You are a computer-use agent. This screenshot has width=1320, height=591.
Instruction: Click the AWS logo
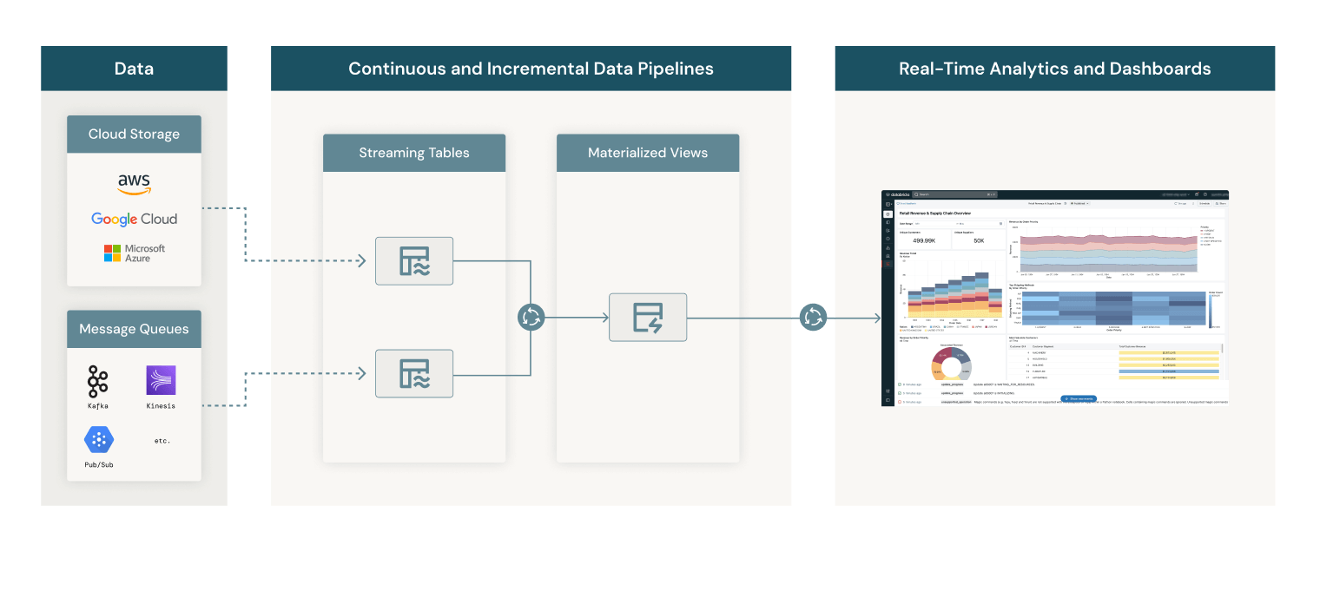pos(135,183)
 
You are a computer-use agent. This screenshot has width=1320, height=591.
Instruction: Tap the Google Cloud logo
pos(135,220)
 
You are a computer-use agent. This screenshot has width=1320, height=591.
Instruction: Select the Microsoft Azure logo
pos(135,253)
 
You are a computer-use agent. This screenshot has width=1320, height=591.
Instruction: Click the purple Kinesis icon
pos(161,380)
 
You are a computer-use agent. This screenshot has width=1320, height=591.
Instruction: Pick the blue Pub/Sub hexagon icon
pos(99,439)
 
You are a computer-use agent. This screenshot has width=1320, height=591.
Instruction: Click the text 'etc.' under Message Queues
pos(162,441)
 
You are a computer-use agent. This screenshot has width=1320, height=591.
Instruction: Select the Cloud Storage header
pos(134,135)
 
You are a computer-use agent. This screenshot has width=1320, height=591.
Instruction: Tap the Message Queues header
pos(134,329)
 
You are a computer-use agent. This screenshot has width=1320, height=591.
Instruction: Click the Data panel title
pos(134,69)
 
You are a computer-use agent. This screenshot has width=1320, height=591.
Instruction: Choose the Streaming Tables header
pos(414,153)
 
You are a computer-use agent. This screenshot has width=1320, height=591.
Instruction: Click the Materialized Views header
pos(648,153)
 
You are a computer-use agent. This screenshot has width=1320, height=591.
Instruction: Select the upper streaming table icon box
pos(414,260)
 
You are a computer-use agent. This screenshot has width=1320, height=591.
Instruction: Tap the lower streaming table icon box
pos(414,373)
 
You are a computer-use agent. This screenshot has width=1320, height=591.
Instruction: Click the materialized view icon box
pos(648,317)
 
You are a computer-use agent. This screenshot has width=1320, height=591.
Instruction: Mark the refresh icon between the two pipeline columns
pos(531,318)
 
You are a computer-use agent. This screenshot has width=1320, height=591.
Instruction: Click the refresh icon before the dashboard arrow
pos(813,318)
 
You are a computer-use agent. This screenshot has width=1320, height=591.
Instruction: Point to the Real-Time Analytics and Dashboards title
pos(1054,69)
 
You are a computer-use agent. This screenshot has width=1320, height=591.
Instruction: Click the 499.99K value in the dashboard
pos(923,240)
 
